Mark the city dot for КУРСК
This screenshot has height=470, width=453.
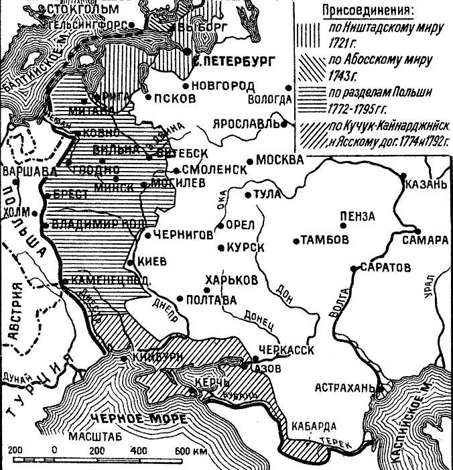click(220, 249)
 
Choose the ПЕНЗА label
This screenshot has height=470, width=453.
click(358, 217)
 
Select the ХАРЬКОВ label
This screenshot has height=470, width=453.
click(233, 279)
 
